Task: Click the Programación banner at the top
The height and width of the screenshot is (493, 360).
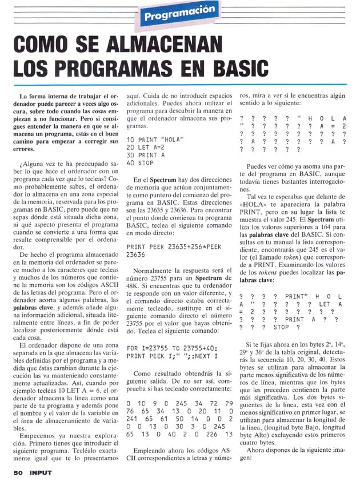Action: pyautogui.click(x=180, y=13)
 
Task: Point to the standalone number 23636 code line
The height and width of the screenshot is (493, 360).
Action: pyautogui.click(x=137, y=255)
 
